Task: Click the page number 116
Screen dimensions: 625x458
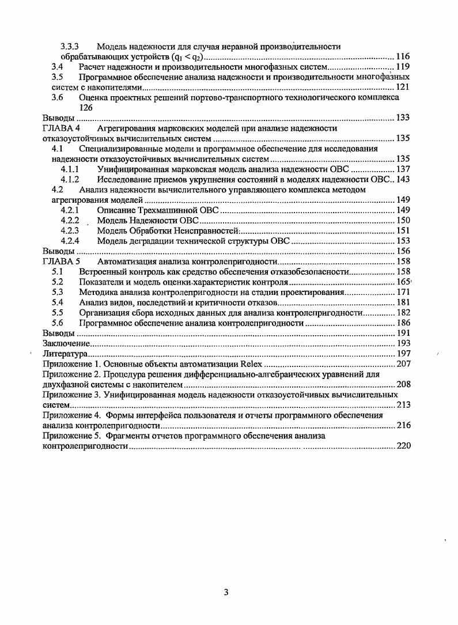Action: click(403, 56)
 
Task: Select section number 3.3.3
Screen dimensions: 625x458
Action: click(70, 46)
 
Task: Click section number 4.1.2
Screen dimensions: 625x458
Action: click(70, 179)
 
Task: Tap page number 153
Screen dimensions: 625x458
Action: click(403, 241)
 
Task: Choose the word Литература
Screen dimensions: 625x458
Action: click(65, 353)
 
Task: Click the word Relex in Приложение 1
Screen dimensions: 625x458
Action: click(251, 364)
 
